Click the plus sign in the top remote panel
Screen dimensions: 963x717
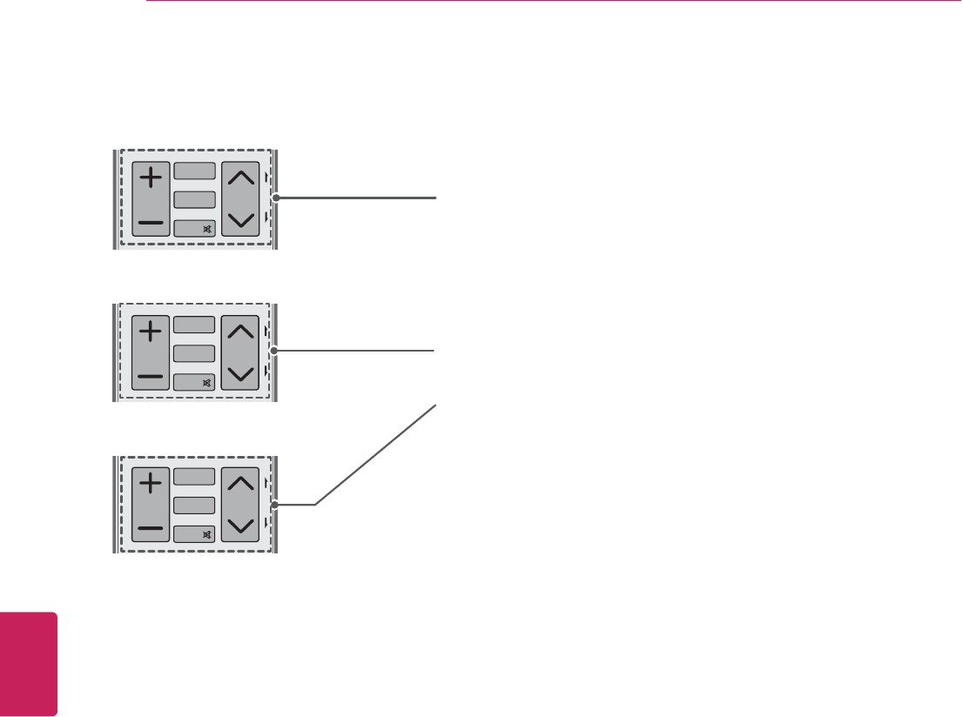click(x=152, y=178)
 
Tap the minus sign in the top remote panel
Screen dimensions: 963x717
click(x=152, y=224)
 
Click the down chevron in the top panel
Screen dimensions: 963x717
click(x=240, y=221)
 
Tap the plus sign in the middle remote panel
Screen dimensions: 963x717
click(x=152, y=332)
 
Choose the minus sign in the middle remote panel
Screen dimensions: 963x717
click(x=152, y=377)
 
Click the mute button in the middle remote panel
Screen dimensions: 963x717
click(x=194, y=382)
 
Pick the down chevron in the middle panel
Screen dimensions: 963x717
click(x=240, y=374)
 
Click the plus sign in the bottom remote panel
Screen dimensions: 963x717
click(x=152, y=482)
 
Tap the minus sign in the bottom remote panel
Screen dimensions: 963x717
click(x=152, y=527)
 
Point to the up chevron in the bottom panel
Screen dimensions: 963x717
click(x=240, y=483)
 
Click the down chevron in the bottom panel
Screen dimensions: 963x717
click(x=240, y=525)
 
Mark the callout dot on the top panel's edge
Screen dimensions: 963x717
click(x=276, y=198)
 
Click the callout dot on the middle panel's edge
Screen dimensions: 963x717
click(x=276, y=351)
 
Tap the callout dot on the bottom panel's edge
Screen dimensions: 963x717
click(x=276, y=504)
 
